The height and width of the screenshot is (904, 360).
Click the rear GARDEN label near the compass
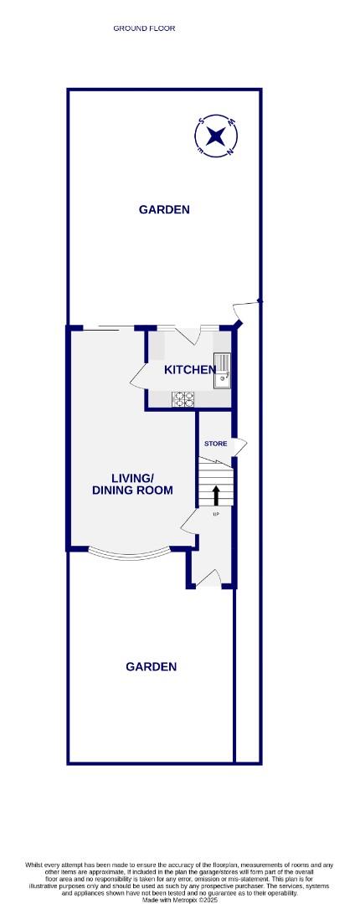pos(164,209)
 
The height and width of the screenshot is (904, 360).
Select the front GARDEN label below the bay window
pos(151,666)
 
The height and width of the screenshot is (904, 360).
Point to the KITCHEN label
pos(189,370)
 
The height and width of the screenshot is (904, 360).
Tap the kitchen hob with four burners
pos(184,399)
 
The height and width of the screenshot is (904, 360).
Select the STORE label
pos(215,443)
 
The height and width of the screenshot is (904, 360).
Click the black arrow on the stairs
pos(216,495)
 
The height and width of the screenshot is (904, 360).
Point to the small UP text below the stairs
pos(215,514)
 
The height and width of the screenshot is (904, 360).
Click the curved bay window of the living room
pos(131,554)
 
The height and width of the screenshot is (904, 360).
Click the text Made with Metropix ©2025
pos(180,900)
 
